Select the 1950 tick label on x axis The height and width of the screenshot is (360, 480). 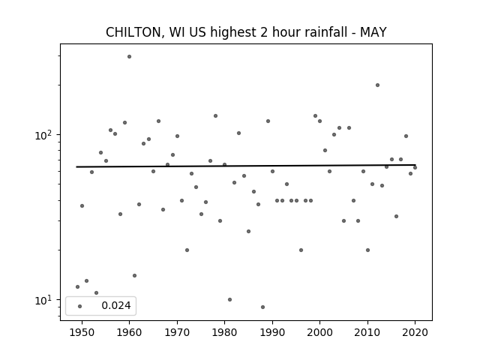[x=82, y=332]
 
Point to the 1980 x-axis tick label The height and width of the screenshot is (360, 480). [x=224, y=332]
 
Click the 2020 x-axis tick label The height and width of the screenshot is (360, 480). [x=415, y=332]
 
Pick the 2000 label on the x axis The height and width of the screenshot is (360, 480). [x=319, y=332]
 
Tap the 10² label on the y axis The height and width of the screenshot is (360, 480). [x=44, y=135]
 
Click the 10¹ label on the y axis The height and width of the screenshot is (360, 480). [x=44, y=300]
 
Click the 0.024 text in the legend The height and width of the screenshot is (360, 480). [x=116, y=305]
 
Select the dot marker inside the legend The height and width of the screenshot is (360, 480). [x=80, y=306]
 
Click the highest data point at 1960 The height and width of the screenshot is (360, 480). [x=129, y=57]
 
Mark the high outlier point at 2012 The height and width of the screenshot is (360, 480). [x=377, y=85]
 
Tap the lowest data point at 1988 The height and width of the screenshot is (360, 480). [x=262, y=307]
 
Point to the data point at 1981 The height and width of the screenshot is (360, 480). [x=229, y=300]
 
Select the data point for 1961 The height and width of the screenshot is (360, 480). [x=134, y=275]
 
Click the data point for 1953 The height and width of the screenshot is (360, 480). [x=96, y=293]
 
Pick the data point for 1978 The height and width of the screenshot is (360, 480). [x=215, y=116]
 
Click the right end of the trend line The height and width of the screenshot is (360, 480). [x=415, y=165]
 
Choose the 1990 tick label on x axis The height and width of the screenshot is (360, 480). [x=272, y=332]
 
